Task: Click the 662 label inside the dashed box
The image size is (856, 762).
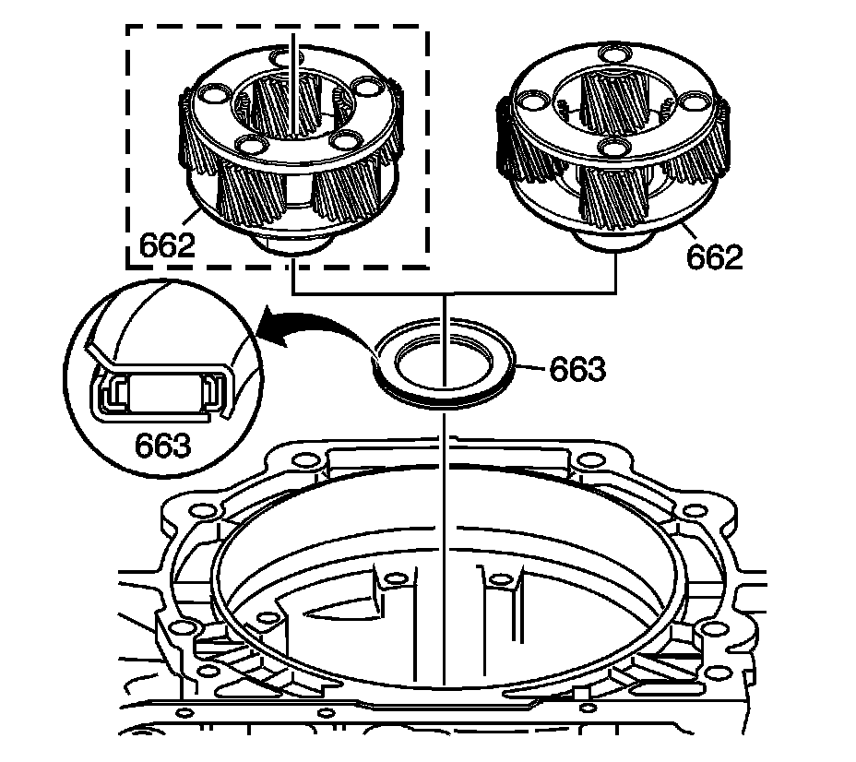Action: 167,245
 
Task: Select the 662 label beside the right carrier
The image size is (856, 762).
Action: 715,256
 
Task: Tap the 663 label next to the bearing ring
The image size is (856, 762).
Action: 577,369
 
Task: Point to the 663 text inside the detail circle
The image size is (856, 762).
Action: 162,445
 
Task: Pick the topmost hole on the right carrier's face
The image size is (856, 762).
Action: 615,54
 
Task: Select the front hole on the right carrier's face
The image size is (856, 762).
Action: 615,148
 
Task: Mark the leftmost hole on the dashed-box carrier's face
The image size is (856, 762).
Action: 213,94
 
